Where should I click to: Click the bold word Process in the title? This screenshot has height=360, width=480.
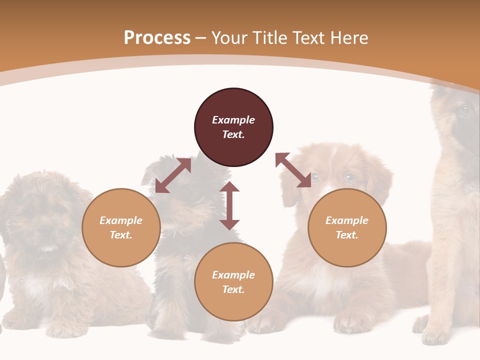click(157, 38)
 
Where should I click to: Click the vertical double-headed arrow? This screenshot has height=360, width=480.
click(229, 205)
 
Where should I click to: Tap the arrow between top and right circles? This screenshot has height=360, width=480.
click(293, 170)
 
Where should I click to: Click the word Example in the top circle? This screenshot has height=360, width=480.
click(233, 120)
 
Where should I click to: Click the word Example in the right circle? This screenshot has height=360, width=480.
click(347, 220)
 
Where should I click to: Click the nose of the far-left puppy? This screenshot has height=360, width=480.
click(46, 231)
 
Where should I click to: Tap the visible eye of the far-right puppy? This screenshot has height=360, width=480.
click(464, 109)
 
